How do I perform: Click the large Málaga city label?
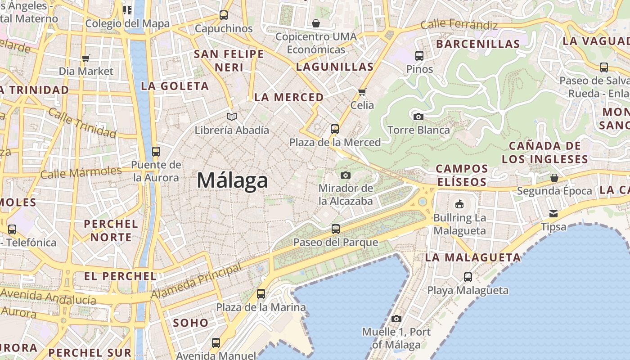(x=232, y=181)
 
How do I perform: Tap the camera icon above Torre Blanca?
(x=418, y=117)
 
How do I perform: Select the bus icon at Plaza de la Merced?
(x=334, y=129)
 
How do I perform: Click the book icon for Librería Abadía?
(x=232, y=117)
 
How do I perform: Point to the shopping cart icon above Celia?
(x=362, y=92)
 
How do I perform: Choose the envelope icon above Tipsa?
(x=553, y=213)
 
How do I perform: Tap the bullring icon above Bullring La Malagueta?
(x=459, y=204)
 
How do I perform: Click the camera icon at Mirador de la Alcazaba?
(x=346, y=175)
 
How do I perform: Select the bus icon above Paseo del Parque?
(x=336, y=229)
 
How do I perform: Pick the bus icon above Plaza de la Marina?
(x=261, y=294)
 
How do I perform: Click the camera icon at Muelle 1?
(x=396, y=319)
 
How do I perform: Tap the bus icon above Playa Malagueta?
(x=468, y=277)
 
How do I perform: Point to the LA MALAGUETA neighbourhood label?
(x=473, y=258)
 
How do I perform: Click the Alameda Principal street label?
(x=196, y=281)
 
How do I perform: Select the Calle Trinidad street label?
(x=82, y=123)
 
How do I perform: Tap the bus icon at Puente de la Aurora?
(x=156, y=152)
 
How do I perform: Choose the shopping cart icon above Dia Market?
(x=86, y=58)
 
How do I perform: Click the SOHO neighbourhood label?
(x=191, y=323)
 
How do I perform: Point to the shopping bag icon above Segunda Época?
(x=554, y=178)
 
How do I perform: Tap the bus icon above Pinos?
(x=419, y=56)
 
